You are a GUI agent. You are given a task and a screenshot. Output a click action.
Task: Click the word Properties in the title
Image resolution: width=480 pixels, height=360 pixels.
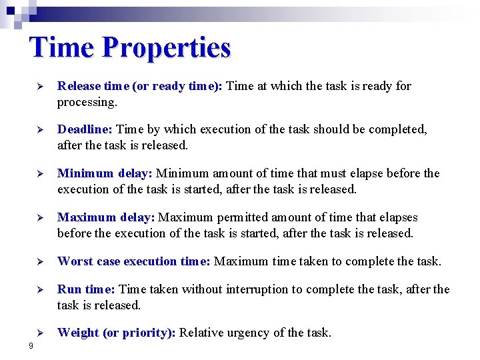click(x=167, y=48)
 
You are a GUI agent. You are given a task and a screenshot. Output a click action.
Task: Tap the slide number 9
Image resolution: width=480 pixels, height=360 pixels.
click(x=31, y=345)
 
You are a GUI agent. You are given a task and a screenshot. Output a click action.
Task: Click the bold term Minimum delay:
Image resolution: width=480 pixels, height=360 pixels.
click(x=105, y=173)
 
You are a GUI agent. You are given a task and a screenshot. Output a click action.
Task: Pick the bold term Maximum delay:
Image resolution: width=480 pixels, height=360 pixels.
click(x=106, y=217)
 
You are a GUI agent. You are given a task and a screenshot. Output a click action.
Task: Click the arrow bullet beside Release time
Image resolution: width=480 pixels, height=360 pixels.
click(x=39, y=87)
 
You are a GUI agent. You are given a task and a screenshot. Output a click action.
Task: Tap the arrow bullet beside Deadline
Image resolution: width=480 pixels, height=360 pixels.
click(x=39, y=130)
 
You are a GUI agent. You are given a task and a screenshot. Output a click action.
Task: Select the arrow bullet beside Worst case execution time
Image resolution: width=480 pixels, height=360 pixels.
click(x=39, y=262)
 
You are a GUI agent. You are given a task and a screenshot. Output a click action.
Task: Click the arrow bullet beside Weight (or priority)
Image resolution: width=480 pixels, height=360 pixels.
click(x=39, y=333)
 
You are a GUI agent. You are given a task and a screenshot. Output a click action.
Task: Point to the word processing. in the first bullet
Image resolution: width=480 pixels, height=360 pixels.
click(x=87, y=102)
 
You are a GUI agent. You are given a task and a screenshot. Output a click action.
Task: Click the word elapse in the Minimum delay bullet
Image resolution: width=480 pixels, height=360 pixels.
click(x=365, y=173)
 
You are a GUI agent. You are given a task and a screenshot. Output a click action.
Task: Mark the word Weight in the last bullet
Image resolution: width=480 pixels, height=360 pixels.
click(x=78, y=333)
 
